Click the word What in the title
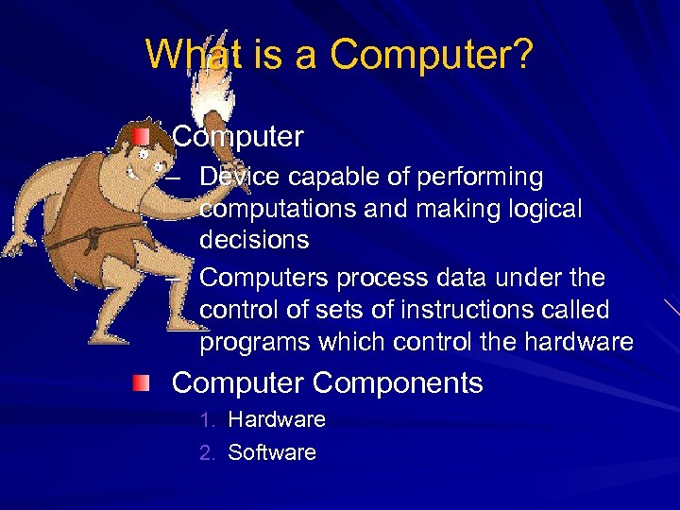(190, 54)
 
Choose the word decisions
(254, 239)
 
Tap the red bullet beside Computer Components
(141, 382)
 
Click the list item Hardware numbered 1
(277, 419)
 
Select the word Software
(272, 452)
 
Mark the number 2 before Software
(207, 452)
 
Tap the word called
(574, 309)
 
